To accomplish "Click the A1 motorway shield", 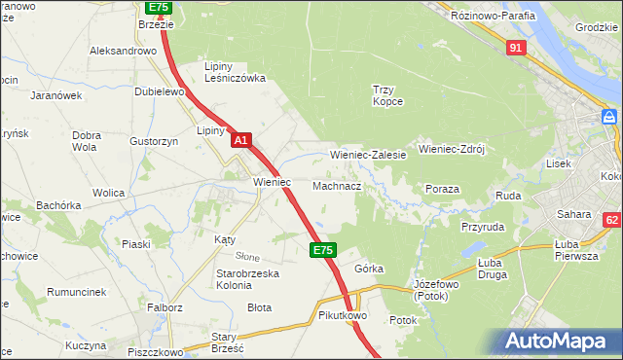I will (x=242, y=141).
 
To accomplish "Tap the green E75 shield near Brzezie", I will (x=159, y=6).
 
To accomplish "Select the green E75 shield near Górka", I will (x=324, y=250).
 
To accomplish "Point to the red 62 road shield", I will (x=612, y=222).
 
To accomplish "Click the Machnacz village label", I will (x=338, y=185).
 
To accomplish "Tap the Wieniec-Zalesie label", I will (x=368, y=155).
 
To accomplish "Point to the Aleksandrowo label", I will (x=123, y=51).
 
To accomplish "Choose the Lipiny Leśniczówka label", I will (x=235, y=72).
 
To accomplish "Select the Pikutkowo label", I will (x=341, y=316).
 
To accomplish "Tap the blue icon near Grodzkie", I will (x=609, y=117).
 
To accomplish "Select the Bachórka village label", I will (x=58, y=205).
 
